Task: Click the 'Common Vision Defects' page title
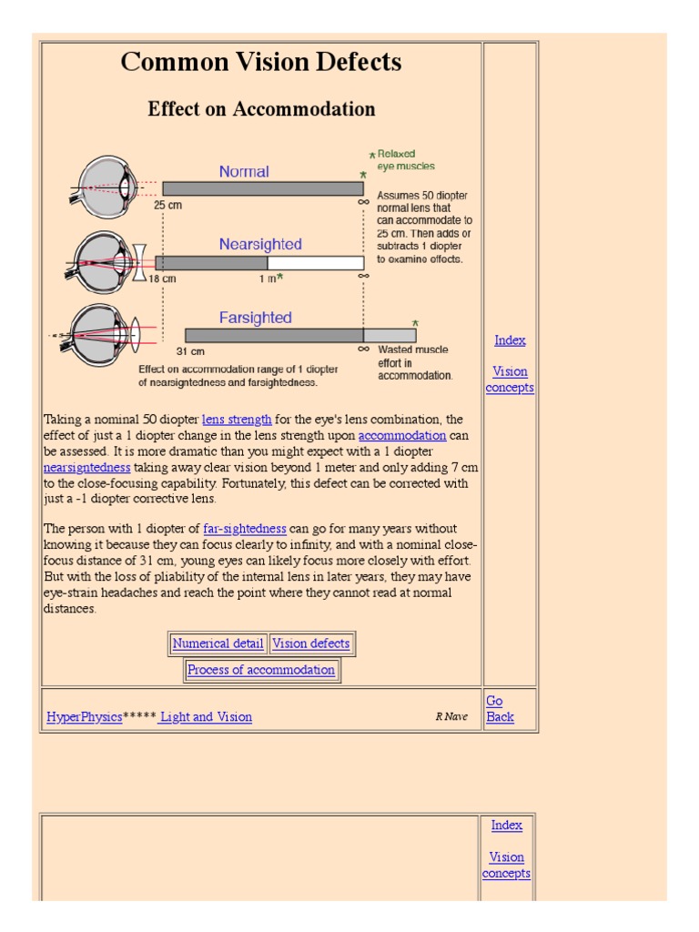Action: pos(261,62)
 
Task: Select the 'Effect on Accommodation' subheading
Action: pos(261,109)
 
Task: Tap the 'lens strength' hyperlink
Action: pos(237,420)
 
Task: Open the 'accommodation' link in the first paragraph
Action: pos(401,436)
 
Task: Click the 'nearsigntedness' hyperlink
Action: pos(87,468)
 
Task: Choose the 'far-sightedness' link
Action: pos(245,529)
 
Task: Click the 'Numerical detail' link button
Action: pos(218,643)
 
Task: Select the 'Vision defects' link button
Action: pos(311,643)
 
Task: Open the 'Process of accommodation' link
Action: pos(261,670)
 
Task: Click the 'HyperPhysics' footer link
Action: pos(84,717)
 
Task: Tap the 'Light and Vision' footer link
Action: pos(207,717)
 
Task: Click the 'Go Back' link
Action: pos(500,709)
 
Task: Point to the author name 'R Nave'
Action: pos(451,717)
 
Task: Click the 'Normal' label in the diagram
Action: pos(244,171)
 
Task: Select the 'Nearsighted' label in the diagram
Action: pos(260,244)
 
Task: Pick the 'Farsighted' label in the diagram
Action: pos(256,318)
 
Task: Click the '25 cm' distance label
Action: pos(167,206)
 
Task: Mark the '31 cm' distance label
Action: pos(189,351)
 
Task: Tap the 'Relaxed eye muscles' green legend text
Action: pos(405,160)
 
